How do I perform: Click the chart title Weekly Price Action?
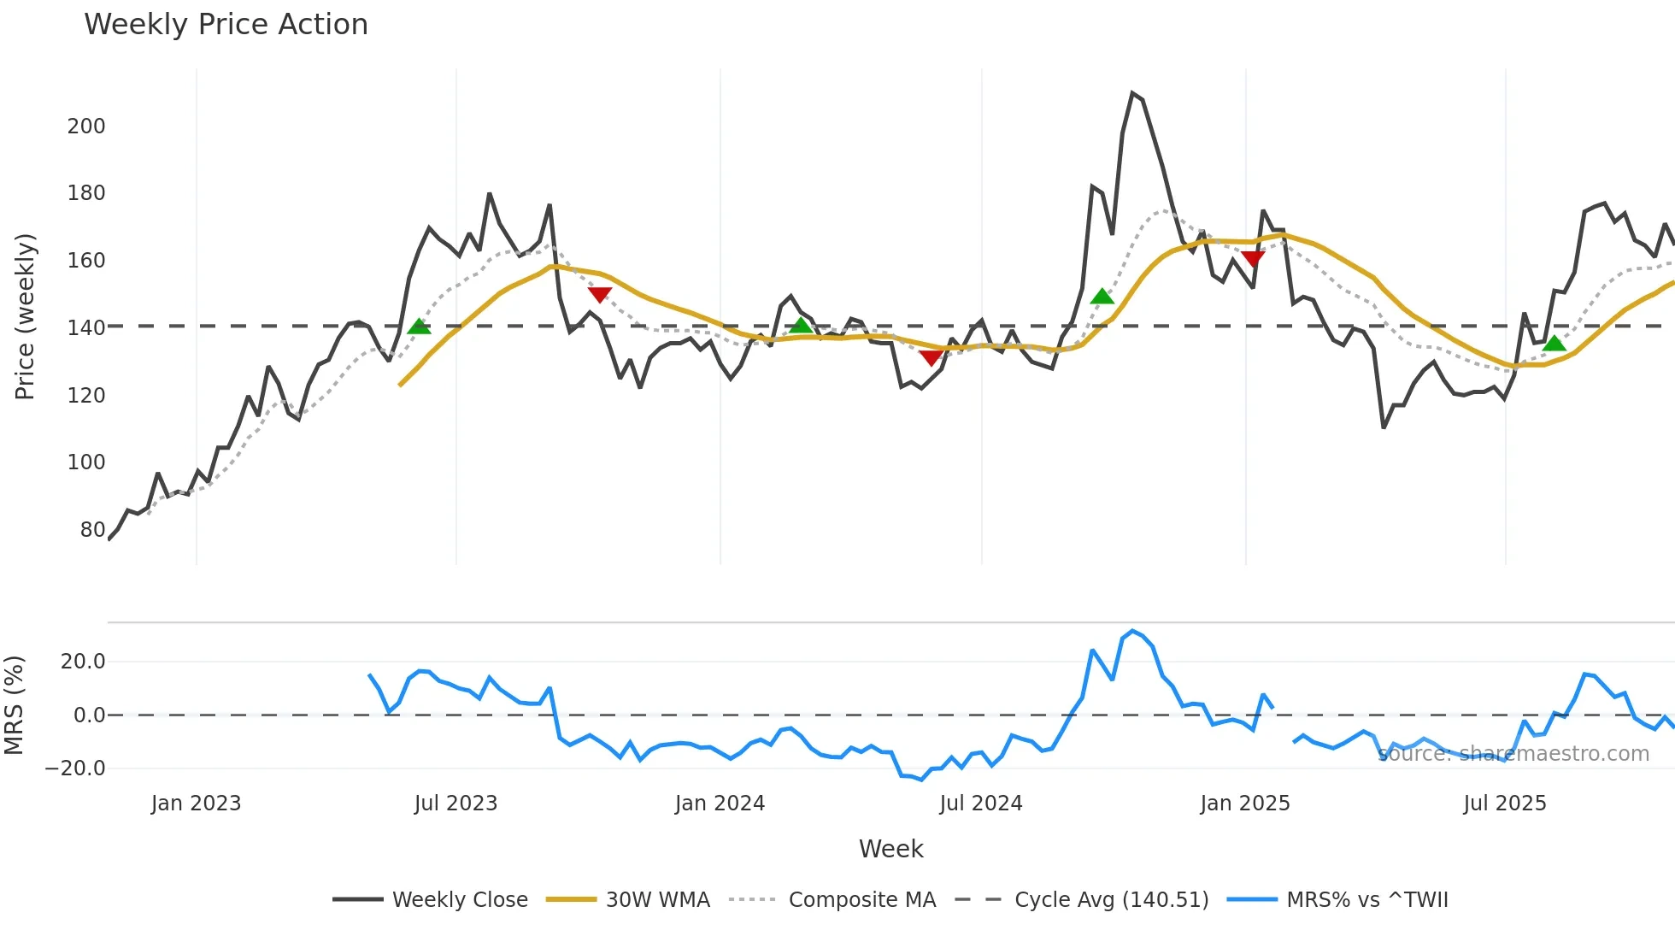pos(226,25)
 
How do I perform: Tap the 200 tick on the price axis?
pos(86,127)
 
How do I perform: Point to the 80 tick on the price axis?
pos(92,530)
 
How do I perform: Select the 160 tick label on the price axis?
pos(86,261)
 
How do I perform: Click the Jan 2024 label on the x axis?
pos(720,804)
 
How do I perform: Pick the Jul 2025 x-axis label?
pos(1504,804)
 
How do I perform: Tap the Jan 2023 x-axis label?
pos(196,804)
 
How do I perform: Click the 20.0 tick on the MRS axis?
pos(83,662)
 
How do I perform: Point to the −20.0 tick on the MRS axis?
pos(75,768)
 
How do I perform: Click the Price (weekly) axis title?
pos(25,316)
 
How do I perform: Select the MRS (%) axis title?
pos(14,705)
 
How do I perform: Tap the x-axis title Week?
pos(890,849)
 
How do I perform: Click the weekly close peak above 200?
pos(1132,93)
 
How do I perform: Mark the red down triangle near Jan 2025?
pos(1253,258)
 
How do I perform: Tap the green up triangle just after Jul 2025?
pos(1555,344)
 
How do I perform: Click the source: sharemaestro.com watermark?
pos(1513,754)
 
